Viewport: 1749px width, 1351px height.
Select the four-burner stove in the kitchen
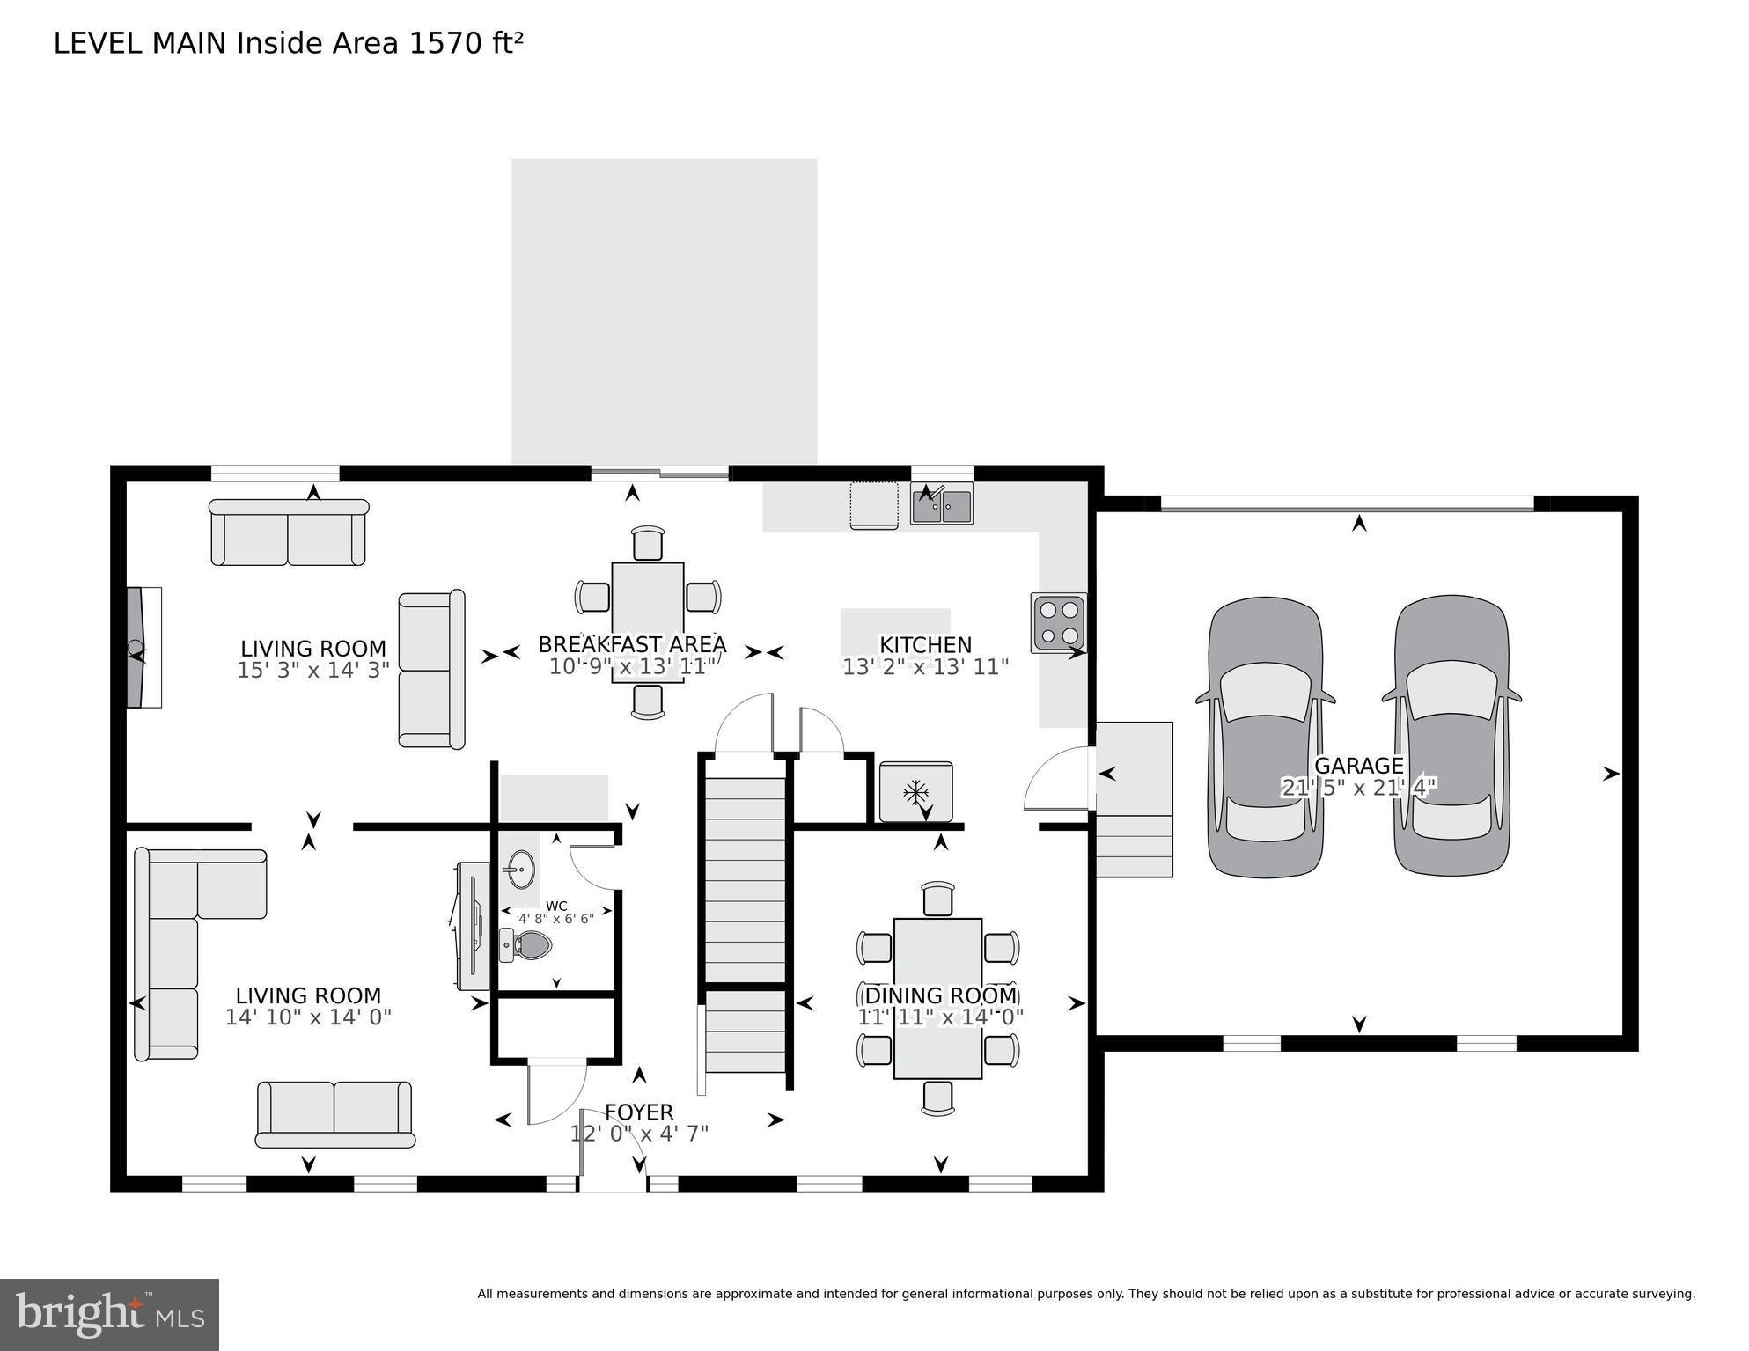click(x=1059, y=622)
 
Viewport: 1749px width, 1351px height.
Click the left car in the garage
click(x=1265, y=737)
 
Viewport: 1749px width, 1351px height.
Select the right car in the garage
click(x=1451, y=737)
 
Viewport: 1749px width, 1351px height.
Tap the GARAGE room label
click(x=1358, y=765)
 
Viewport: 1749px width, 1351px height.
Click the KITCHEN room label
click(x=925, y=645)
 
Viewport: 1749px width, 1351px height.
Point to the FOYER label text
click(x=639, y=1112)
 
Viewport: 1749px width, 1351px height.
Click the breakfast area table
click(x=647, y=620)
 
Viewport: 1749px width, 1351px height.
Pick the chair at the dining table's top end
click(x=938, y=899)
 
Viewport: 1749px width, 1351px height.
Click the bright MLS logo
click(x=109, y=1314)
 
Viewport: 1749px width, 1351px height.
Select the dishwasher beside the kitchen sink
click(x=874, y=505)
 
